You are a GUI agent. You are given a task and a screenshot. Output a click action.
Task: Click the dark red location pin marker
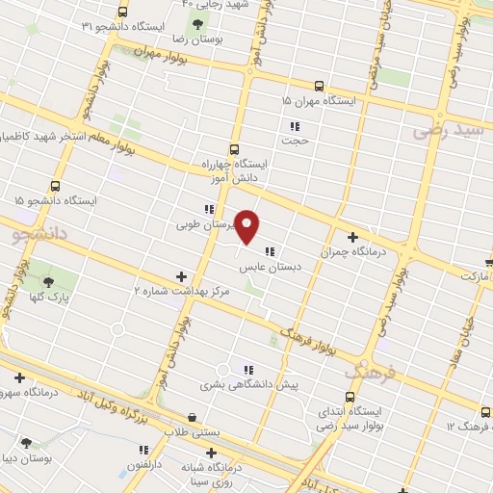coord(247,226)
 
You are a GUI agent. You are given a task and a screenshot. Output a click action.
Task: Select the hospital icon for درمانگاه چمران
coord(353,237)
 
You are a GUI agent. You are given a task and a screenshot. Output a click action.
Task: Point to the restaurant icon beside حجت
coord(295,125)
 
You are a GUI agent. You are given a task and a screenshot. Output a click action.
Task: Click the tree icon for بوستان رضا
coord(197,24)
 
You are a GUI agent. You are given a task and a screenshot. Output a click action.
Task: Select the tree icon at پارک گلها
coord(49,282)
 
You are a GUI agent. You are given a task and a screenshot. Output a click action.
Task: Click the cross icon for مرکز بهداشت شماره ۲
coord(181,276)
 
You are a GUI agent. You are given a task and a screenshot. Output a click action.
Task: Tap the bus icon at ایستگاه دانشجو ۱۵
coord(55,185)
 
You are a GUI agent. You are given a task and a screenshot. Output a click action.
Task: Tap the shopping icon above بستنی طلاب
coord(194,418)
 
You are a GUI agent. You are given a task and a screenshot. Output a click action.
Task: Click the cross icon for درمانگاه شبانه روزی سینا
coord(212,453)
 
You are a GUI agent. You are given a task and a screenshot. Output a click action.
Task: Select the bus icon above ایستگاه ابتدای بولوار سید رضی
coord(350,396)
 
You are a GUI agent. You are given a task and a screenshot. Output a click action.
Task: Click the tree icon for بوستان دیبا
coord(26,443)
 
